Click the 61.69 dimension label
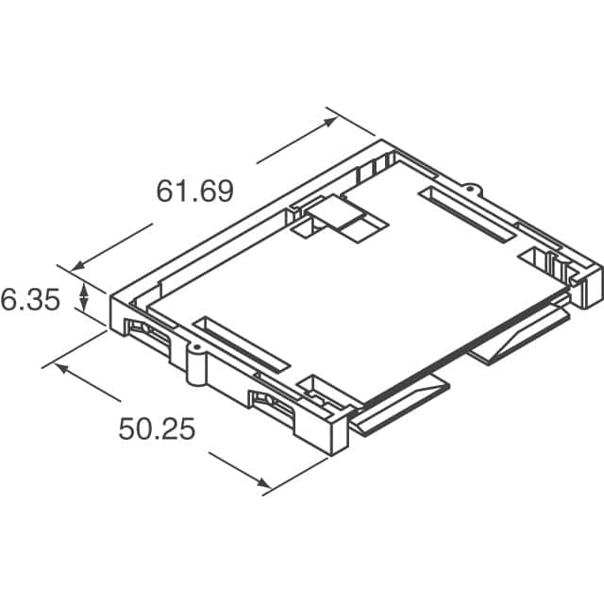pyautogui.click(x=194, y=192)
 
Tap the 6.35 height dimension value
pyautogui.click(x=30, y=301)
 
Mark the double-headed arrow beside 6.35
pyautogui.click(x=84, y=300)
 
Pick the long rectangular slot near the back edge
pyautogui.click(x=469, y=215)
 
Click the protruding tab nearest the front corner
pyautogui.click(x=401, y=404)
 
